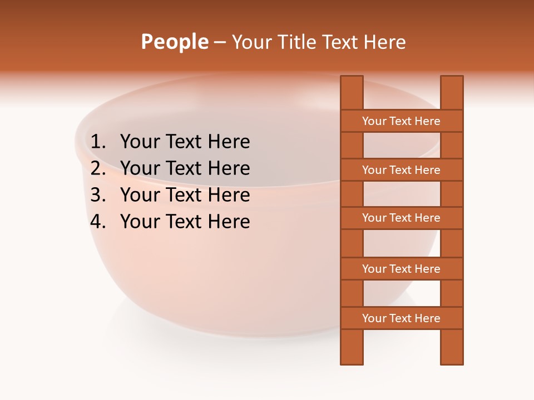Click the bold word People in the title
174,42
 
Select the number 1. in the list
98,142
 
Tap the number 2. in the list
98,168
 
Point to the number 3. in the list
98,195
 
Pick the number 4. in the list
98,222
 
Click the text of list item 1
185,142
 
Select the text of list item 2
185,168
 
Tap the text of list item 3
185,195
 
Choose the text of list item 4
185,222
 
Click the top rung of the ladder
402,121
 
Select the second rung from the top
402,170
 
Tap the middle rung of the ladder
402,218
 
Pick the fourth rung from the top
402,269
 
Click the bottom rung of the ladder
402,318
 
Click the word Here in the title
385,42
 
